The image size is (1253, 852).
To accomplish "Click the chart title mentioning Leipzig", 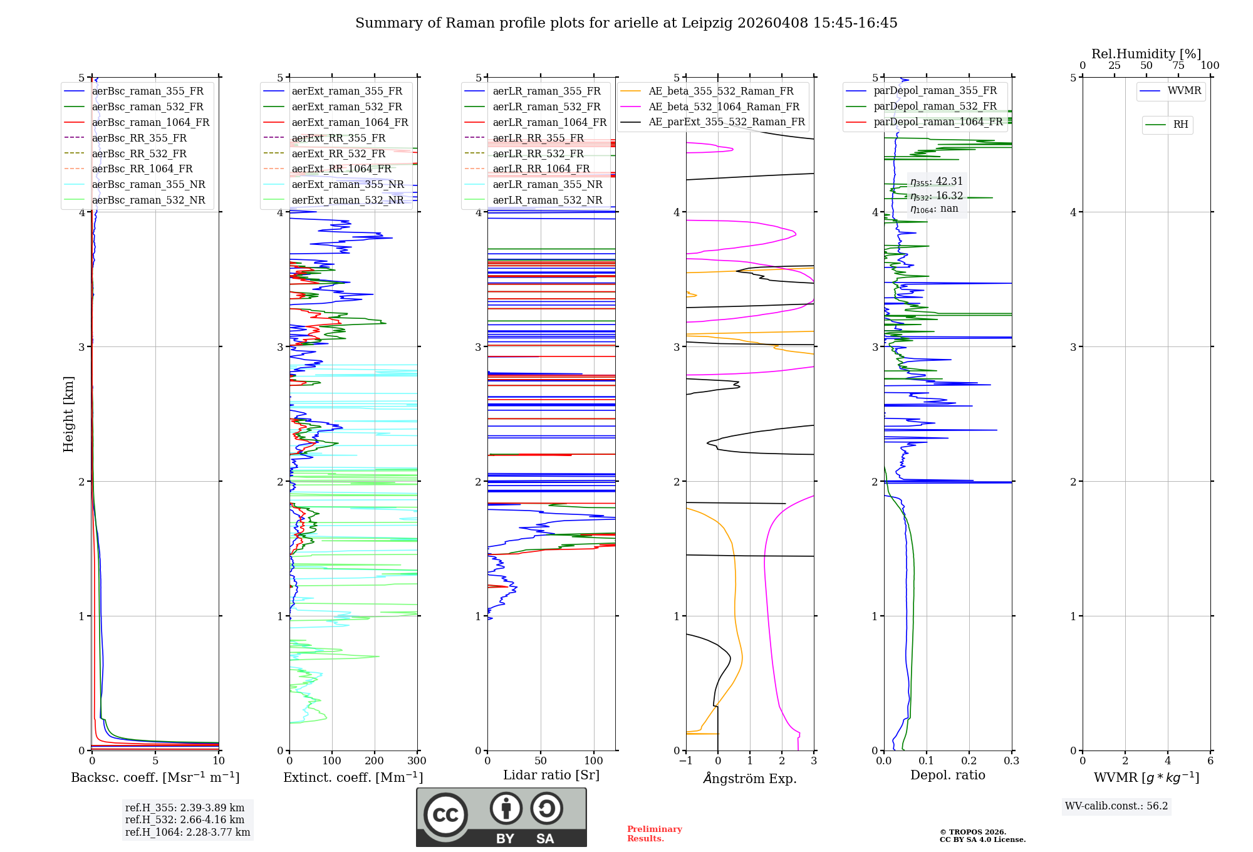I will click(x=626, y=23).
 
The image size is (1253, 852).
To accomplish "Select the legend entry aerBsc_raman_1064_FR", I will click(x=150, y=123).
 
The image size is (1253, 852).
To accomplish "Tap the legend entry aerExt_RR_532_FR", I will click(x=338, y=153).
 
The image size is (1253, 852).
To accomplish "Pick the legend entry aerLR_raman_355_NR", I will click(x=547, y=185).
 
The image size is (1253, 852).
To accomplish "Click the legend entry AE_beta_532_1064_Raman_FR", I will click(x=724, y=106).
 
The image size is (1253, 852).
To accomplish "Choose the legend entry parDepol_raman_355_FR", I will click(x=935, y=91).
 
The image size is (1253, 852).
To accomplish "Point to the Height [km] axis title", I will click(x=68, y=414).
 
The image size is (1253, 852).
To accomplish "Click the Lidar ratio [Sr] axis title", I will click(x=551, y=775).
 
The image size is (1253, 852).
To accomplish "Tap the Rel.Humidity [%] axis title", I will click(x=1146, y=54).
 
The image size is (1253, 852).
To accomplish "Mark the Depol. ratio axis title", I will click(x=947, y=775).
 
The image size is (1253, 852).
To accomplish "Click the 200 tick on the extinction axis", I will click(x=374, y=761).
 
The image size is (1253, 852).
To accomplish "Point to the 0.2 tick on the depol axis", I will click(x=969, y=761).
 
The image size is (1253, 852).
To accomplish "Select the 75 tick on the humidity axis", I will click(x=1178, y=66).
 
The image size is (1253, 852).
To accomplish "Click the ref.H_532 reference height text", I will click(x=185, y=819).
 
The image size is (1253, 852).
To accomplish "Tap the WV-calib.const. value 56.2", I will click(x=1116, y=806).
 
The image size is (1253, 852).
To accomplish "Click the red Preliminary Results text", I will click(x=654, y=834).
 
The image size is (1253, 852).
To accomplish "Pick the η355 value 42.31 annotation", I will click(x=937, y=182).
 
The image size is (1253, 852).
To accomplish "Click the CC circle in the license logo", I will click(x=445, y=815).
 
